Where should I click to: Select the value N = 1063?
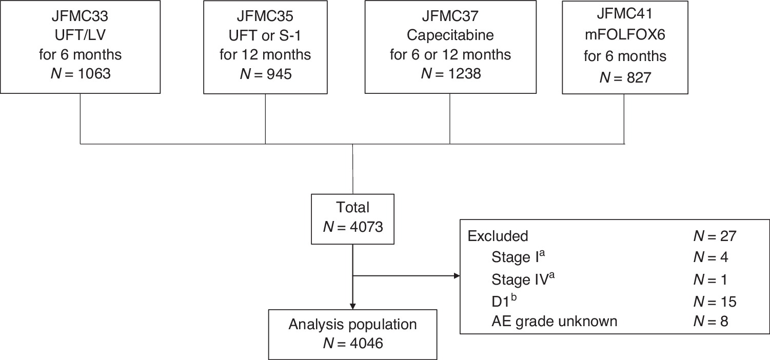[x=81, y=74]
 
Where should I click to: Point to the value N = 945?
[x=265, y=74]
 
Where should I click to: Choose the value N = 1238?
[x=450, y=74]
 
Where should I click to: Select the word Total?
[x=353, y=207]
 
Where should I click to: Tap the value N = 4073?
[x=353, y=226]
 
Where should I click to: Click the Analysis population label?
[x=353, y=324]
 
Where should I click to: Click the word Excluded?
[x=498, y=236]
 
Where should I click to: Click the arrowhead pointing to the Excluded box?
[x=456, y=276]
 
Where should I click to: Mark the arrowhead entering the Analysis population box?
[x=353, y=304]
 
